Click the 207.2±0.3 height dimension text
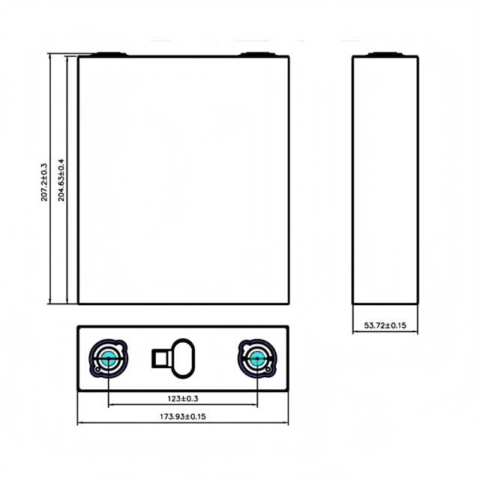tap(44, 182)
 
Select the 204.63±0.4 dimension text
tap(61, 180)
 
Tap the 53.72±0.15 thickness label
tap(385, 325)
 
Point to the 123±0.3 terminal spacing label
tap(183, 398)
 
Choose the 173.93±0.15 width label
tap(183, 417)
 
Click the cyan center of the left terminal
tap(108, 358)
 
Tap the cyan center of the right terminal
tap(257, 358)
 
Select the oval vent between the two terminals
tap(183, 358)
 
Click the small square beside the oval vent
tap(162, 358)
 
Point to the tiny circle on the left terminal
tap(97, 370)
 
